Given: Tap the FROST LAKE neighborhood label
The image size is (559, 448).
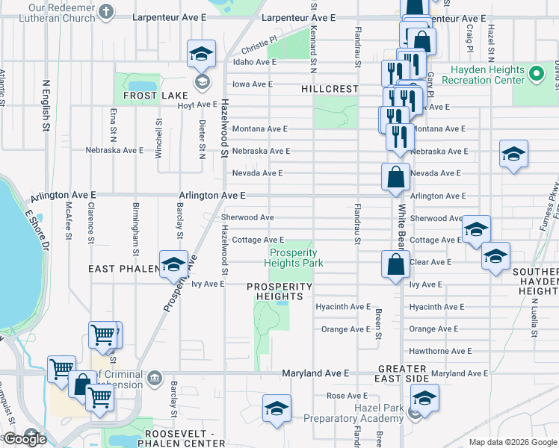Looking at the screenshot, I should click(x=145, y=96).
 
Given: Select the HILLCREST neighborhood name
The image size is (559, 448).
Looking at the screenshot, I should click(x=330, y=89).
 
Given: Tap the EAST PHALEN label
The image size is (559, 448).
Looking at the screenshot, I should click(x=121, y=268).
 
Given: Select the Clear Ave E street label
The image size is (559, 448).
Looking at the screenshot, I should click(x=430, y=262).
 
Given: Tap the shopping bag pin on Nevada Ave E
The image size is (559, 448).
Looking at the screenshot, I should click(x=395, y=178).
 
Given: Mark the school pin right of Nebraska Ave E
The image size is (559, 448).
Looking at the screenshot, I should click(x=513, y=155).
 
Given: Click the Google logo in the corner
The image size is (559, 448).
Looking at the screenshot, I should click(x=25, y=439).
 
